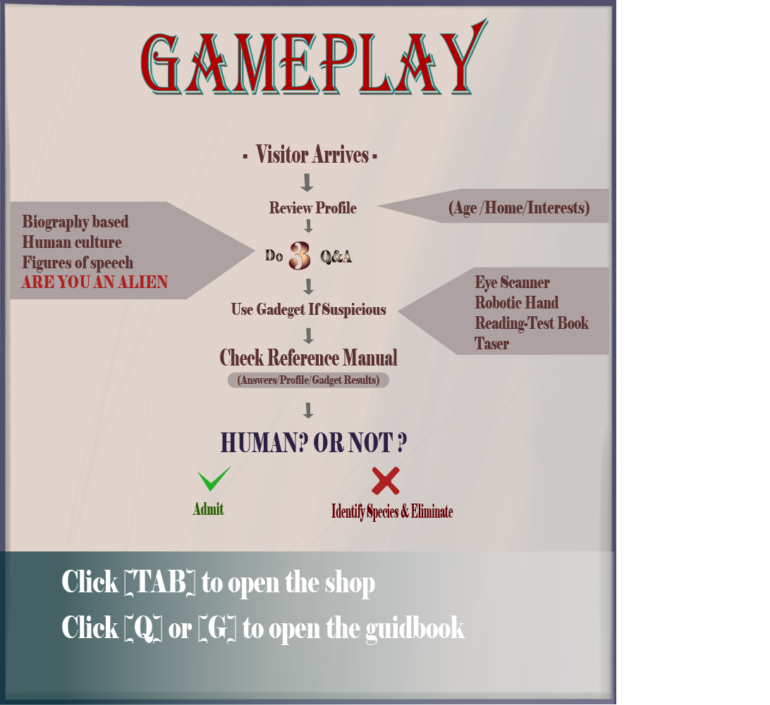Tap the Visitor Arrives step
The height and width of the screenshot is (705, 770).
click(312, 155)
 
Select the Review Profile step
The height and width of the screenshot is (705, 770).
click(313, 208)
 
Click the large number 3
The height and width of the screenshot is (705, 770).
click(300, 256)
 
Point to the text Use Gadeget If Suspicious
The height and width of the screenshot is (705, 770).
click(308, 310)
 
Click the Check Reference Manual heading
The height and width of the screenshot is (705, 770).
click(308, 358)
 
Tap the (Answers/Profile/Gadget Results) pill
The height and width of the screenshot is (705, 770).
click(308, 380)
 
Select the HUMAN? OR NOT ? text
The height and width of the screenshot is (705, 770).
click(313, 442)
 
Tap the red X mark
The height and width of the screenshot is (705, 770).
click(386, 481)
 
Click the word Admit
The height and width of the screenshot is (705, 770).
click(208, 509)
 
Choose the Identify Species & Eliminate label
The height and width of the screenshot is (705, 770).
click(392, 512)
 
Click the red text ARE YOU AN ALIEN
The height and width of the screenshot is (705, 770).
click(94, 282)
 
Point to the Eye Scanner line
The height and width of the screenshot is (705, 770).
click(512, 282)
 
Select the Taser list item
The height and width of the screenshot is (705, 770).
click(491, 344)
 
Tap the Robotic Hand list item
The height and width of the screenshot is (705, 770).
click(517, 303)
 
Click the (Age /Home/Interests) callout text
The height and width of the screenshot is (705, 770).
click(519, 208)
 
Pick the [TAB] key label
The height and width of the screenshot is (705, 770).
click(160, 582)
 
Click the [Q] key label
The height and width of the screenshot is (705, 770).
click(143, 628)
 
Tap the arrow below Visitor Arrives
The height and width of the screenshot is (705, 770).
click(307, 182)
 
